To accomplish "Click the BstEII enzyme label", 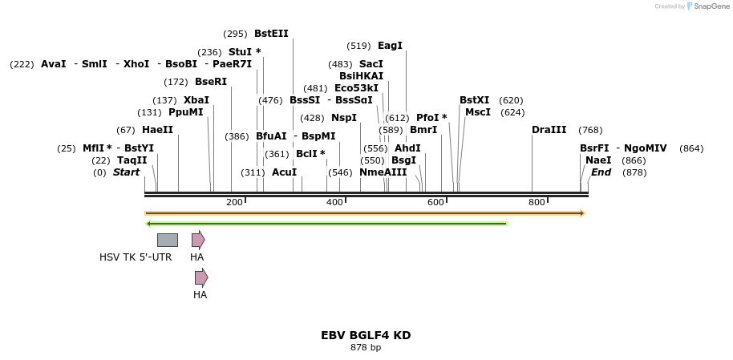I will pos(271,34).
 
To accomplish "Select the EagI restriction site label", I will pos(390,46).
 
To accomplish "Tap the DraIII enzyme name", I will pos(549,130).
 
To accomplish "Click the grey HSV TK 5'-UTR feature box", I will pos(168,240).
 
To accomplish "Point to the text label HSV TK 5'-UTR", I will pos(136,257).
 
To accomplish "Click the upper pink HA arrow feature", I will pos(198,240).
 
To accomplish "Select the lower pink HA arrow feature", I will pos(201,277).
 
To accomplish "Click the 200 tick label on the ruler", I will pos(234,202).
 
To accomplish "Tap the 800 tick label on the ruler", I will pos(537,202).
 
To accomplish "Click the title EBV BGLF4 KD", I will pos(366,335).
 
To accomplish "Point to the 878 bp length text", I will pos(366,347).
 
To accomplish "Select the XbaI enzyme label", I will pos(196,100).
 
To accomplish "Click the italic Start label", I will pos(126,172).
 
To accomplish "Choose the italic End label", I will pos(601,172).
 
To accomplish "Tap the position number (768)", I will pos(590,130).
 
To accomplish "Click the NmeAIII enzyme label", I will pos(383,172).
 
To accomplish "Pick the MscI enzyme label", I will pos(478,112).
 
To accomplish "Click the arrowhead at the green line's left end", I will pos(149,224).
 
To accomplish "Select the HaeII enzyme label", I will pos(157,130).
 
